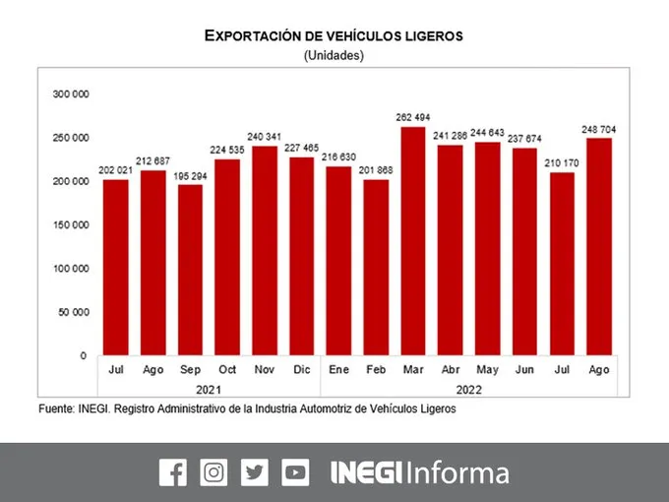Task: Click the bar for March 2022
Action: [413, 241]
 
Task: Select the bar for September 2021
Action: [190, 271]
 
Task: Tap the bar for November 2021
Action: [265, 251]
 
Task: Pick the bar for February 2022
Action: [376, 268]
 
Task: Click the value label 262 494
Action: [413, 117]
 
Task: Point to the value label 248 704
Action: [599, 129]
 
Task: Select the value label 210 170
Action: [562, 163]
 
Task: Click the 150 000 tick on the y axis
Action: [71, 225]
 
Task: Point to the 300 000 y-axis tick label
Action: [71, 94]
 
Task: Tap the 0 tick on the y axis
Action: [84, 355]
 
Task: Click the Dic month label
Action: [302, 370]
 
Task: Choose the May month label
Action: [487, 370]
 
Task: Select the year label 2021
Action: [209, 390]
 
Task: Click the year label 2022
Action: [469, 390]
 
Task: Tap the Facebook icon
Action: [173, 472]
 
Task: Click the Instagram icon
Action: [213, 472]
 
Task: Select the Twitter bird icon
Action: [255, 472]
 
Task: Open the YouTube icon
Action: [295, 472]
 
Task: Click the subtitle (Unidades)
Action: [334, 55]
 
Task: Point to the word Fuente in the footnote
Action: [56, 408]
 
